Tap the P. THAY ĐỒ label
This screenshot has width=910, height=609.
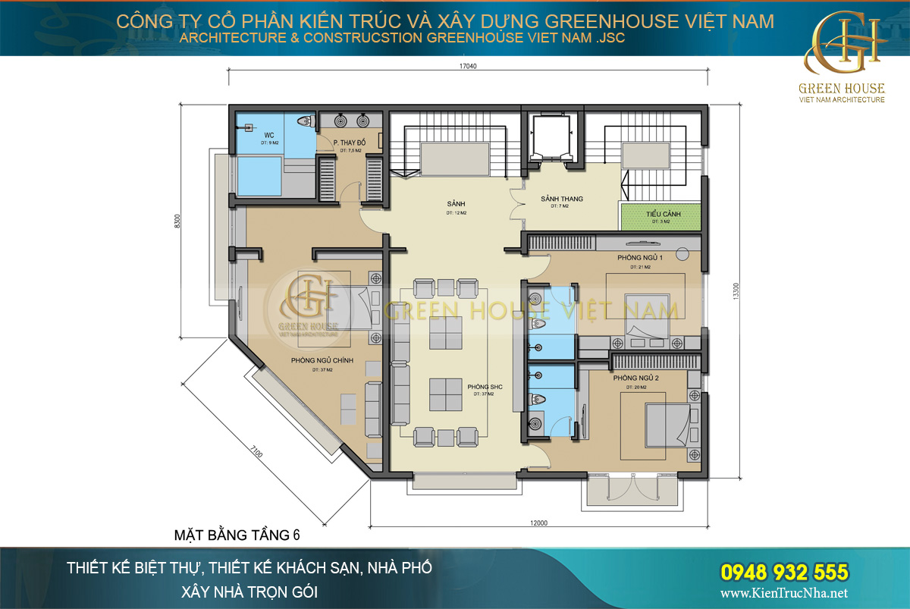point(350,143)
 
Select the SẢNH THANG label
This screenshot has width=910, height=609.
point(561,199)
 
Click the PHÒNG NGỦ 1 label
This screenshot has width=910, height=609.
point(640,259)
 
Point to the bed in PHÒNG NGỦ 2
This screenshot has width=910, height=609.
point(667,425)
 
